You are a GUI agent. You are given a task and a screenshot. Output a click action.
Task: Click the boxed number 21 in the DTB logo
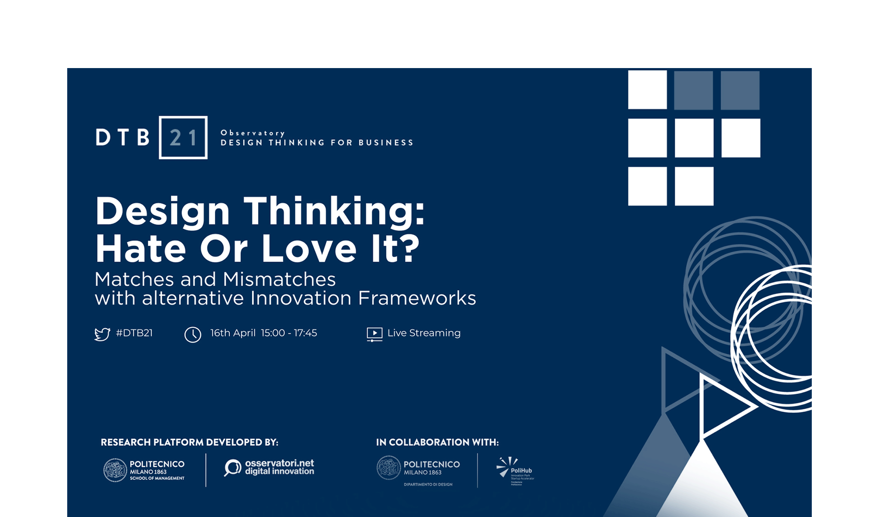click(x=183, y=138)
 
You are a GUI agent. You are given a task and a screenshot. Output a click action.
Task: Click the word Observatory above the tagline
click(x=252, y=133)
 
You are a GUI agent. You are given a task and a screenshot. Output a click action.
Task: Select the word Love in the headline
click(x=309, y=249)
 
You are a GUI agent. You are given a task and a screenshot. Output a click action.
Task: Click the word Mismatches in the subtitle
click(x=279, y=279)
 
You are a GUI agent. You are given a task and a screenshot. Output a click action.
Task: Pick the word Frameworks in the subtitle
click(x=417, y=298)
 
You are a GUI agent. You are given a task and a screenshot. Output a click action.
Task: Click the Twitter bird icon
click(x=102, y=334)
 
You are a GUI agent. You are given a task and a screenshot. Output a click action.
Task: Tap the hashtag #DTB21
click(x=134, y=333)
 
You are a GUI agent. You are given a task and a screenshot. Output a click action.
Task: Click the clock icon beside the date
click(x=193, y=334)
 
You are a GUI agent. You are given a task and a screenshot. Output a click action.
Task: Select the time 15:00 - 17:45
click(x=289, y=333)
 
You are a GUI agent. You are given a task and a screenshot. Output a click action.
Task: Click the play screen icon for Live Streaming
click(x=374, y=334)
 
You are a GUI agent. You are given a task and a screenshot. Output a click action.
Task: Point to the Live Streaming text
click(x=424, y=333)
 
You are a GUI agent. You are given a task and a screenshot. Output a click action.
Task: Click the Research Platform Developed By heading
click(x=190, y=442)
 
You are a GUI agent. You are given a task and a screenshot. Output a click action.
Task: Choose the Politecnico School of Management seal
click(x=115, y=470)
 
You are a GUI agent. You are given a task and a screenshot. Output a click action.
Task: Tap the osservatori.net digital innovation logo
click(x=269, y=467)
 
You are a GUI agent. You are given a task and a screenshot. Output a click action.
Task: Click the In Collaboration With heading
click(x=437, y=442)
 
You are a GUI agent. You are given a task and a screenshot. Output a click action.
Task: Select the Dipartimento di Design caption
click(x=428, y=484)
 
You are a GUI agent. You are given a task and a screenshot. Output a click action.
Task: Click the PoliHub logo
click(x=515, y=470)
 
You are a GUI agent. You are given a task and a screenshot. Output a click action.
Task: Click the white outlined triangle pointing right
click(x=724, y=406)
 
